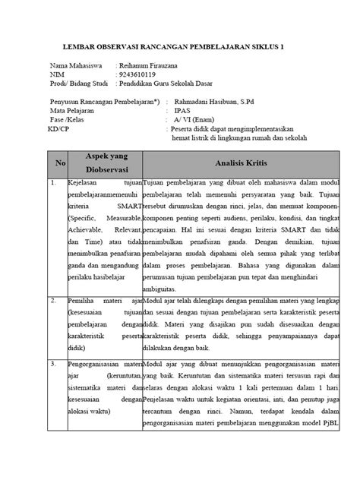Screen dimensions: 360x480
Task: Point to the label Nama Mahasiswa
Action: coord(74,66)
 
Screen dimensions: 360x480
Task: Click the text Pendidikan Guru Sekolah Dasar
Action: coord(167,84)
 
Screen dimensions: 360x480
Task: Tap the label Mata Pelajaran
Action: coord(74,110)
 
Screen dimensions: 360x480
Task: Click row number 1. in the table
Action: coord(53,183)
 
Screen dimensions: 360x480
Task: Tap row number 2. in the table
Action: coord(53,300)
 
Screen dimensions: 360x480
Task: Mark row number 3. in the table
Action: coord(53,365)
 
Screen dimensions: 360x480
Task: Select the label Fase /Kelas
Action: coord(70,120)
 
